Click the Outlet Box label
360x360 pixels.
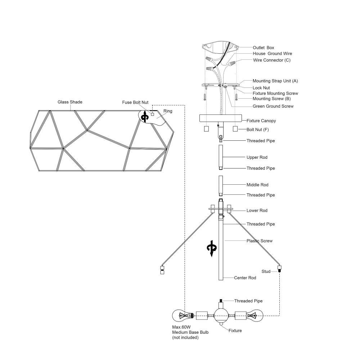tap(264, 48)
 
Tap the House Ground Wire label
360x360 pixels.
tap(272, 54)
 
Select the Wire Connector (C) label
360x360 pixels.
tap(271, 60)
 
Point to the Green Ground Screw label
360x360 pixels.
tap(273, 106)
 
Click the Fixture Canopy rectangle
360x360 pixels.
tap(220, 118)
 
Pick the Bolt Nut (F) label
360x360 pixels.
tap(258, 130)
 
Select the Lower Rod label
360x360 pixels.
tap(257, 210)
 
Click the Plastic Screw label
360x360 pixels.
tap(260, 241)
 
